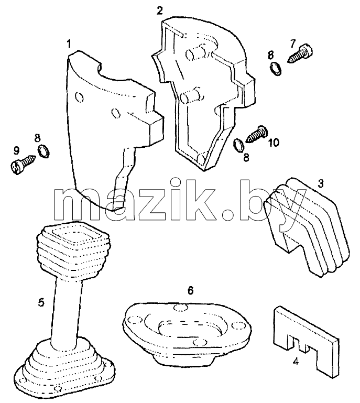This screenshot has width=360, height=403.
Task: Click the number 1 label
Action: (x=68, y=44)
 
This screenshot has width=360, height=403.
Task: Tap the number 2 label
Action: (x=160, y=11)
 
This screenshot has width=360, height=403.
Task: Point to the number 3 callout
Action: (x=320, y=184)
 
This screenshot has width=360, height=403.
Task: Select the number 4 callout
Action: (x=296, y=362)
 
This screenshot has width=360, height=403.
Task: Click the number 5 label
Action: (x=41, y=302)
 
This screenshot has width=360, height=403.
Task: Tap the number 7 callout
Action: (x=293, y=43)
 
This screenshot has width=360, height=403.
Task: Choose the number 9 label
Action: (x=16, y=150)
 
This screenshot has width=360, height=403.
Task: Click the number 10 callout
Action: (x=274, y=143)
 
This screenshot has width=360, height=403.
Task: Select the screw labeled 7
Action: (x=300, y=54)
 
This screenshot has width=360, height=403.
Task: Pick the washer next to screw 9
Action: (x=43, y=151)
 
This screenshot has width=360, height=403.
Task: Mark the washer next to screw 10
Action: (x=239, y=145)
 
